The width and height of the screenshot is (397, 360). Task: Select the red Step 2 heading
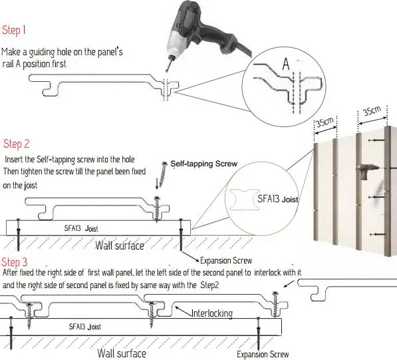(x=17, y=144)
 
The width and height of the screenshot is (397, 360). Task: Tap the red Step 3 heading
(x=16, y=262)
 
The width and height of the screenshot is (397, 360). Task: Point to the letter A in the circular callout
(x=285, y=65)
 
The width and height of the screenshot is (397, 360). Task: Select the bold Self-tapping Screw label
(x=203, y=164)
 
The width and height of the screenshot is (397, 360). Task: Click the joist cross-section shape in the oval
(x=243, y=200)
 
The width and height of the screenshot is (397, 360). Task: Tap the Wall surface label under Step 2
(x=120, y=246)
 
